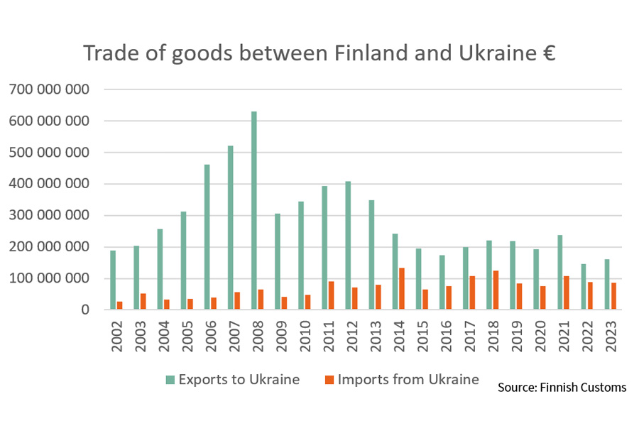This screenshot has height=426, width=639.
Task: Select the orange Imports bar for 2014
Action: point(402,289)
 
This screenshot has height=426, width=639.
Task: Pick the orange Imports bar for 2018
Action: point(496,290)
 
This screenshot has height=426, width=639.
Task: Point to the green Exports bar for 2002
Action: point(113,280)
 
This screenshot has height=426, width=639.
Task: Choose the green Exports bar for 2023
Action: point(606,284)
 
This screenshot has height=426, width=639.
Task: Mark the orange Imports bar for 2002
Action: point(120,305)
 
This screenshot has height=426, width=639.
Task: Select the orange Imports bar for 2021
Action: point(567,293)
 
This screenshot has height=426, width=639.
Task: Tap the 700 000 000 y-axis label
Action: point(49,90)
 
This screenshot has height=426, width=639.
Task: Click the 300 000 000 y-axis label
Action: point(49,216)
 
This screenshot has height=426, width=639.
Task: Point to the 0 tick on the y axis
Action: point(84,310)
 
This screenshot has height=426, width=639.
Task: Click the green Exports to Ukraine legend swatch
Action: point(170,380)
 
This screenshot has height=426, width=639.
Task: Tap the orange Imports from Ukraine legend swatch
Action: point(328,380)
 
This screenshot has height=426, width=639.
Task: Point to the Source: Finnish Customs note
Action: point(562,387)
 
